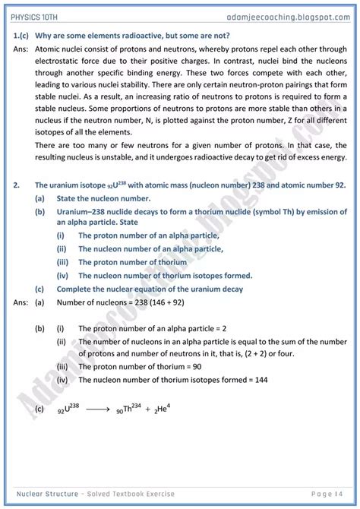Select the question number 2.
(x=16, y=185)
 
